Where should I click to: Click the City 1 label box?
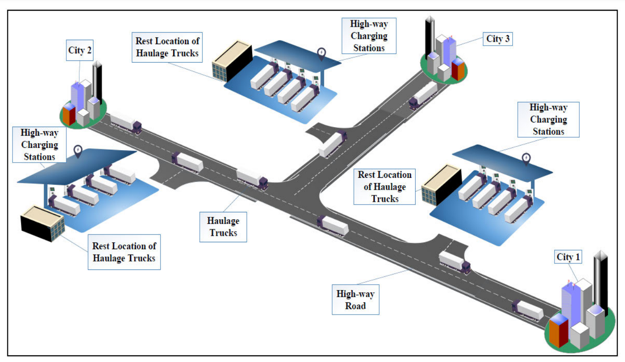568,257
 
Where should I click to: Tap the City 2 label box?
80,51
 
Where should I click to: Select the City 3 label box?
498,39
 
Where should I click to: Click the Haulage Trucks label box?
224,227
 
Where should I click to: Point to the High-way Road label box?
355,299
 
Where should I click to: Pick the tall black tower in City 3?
429,39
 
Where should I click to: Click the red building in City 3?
458,69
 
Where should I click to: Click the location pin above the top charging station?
321,54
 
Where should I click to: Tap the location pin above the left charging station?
78,152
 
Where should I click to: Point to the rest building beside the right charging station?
441,184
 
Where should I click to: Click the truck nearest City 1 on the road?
527,309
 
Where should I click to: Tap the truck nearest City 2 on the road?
126,122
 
